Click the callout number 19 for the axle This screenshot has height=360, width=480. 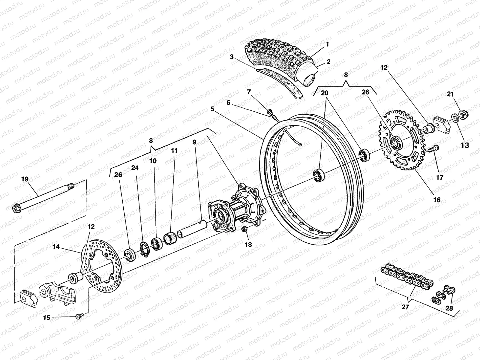click(25, 179)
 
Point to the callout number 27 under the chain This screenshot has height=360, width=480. click(406, 307)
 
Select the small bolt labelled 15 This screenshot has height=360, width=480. click(79, 316)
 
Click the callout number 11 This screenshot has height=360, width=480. click(174, 151)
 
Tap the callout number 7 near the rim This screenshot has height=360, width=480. click(249, 91)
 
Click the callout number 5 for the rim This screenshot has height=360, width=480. click(212, 109)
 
